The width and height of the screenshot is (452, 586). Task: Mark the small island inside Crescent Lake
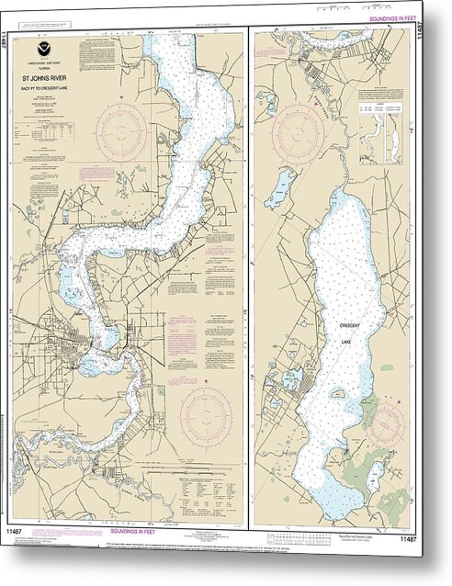point(338,394)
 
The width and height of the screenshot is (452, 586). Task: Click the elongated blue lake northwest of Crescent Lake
point(279,187)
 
